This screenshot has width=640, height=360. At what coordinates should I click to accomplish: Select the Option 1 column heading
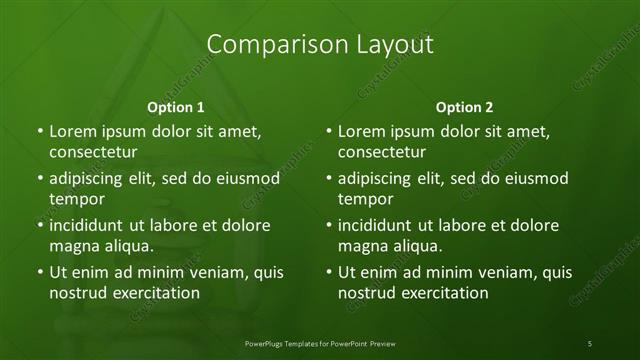[x=176, y=107]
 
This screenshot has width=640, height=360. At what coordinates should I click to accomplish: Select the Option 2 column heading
[x=465, y=107]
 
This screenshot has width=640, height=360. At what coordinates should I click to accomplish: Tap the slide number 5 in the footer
[x=590, y=343]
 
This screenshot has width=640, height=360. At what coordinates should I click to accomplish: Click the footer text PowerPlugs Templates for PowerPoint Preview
[x=319, y=343]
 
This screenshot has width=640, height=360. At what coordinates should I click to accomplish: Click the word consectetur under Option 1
[x=93, y=153]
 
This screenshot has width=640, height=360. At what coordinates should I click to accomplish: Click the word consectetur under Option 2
[x=383, y=153]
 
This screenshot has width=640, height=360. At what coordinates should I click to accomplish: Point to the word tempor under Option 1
[x=76, y=199]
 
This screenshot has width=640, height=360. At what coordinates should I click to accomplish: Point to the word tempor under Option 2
[x=365, y=199]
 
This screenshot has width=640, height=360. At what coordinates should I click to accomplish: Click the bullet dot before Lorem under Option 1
[x=39, y=131]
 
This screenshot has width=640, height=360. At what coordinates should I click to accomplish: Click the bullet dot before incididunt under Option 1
[x=39, y=225]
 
